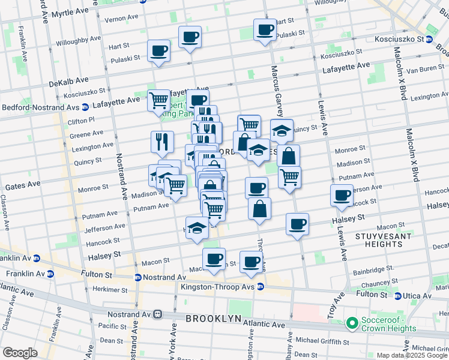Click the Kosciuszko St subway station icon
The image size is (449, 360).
tap(429, 39)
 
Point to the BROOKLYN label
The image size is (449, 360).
tap(213, 318)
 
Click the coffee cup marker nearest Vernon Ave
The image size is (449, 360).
tap(190, 37)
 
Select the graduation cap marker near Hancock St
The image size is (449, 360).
tap(197, 229)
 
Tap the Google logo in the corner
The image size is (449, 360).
tap(20, 353)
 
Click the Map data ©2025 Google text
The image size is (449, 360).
tap(412, 355)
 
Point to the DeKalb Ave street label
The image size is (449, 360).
tap(68, 80)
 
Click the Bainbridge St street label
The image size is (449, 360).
tap(373, 268)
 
